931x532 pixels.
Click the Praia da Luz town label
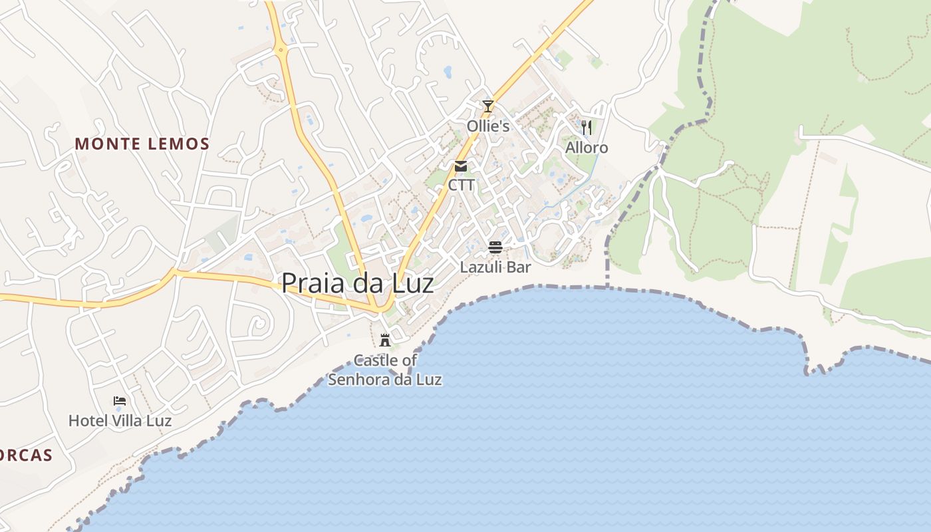pos(358,283)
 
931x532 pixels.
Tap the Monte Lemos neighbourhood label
pos(142,144)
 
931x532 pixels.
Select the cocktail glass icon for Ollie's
pos(488,106)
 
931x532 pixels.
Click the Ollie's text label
pos(488,126)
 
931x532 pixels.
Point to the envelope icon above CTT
pos(461,166)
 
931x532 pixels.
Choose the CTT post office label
pos(461,185)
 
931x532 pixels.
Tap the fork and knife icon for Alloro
pos(587,127)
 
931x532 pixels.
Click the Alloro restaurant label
pos(587,148)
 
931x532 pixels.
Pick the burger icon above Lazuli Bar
pos(495,247)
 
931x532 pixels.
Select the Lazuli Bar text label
pos(495,267)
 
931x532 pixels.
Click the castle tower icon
pos(384,340)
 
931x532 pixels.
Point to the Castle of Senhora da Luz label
pos(385,370)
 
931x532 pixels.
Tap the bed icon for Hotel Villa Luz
pos(120,400)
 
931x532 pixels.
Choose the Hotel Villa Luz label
pos(120,421)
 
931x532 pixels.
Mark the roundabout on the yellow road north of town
pos(281,49)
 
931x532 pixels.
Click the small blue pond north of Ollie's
pos(448,70)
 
